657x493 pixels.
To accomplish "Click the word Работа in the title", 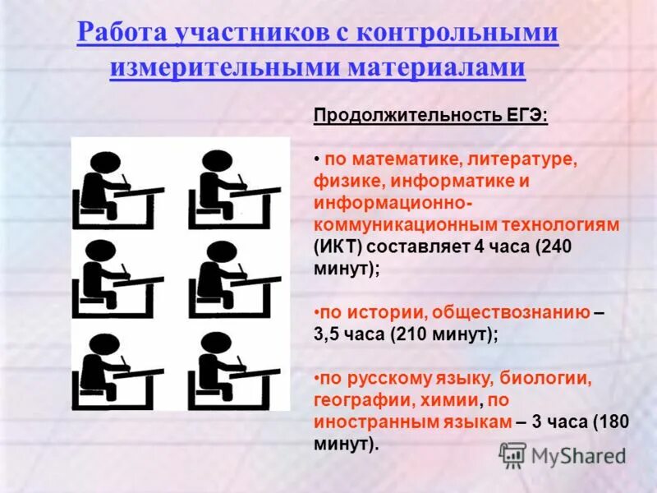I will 120,34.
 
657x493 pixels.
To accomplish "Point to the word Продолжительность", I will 403,116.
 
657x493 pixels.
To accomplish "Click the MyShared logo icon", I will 513,455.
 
